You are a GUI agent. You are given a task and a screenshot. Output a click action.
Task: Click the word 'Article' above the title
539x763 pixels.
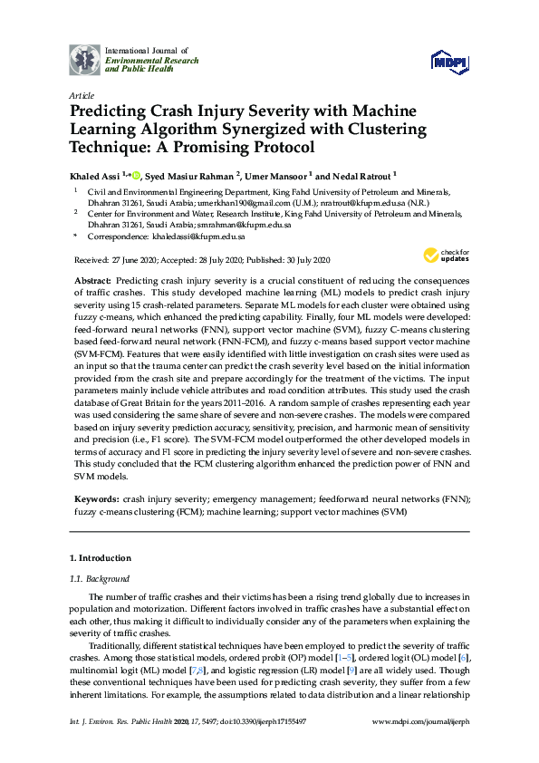tap(80, 95)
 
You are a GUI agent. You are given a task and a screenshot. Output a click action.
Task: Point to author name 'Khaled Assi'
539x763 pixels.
tap(97, 176)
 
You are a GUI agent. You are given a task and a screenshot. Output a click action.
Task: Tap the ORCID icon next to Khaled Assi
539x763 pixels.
tap(138, 175)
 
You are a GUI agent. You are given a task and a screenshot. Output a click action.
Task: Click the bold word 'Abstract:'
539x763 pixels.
tap(92, 282)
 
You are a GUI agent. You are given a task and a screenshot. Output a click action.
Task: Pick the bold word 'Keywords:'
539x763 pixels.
tap(94, 498)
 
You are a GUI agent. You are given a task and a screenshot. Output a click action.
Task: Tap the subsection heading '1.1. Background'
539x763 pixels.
tap(100, 578)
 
